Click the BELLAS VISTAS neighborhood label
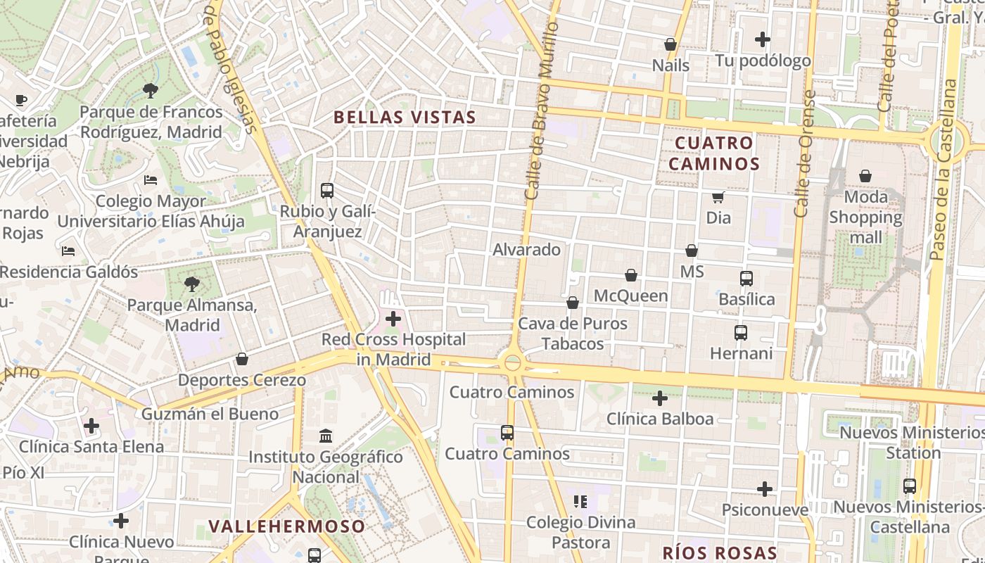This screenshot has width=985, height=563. (x=405, y=118)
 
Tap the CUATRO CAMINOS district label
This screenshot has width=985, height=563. (x=713, y=153)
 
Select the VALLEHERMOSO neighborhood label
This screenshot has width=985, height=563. (x=287, y=526)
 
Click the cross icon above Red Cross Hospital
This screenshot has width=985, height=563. (x=393, y=320)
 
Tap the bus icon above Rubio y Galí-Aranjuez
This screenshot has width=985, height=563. (x=327, y=190)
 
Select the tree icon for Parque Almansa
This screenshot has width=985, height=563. (x=191, y=284)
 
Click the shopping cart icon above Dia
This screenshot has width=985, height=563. (x=718, y=198)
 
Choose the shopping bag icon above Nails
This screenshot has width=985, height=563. (x=671, y=44)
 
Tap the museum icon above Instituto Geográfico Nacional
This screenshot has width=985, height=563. (x=326, y=436)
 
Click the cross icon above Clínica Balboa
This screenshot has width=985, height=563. (x=660, y=399)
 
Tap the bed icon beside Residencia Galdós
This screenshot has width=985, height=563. (x=68, y=251)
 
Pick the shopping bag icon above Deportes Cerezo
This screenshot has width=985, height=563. (x=242, y=360)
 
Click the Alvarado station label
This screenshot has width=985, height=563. (x=526, y=250)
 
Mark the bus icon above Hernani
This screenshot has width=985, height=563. (x=741, y=333)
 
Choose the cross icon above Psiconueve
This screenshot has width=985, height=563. (x=765, y=489)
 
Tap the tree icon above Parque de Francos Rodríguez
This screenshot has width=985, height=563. (x=150, y=90)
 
